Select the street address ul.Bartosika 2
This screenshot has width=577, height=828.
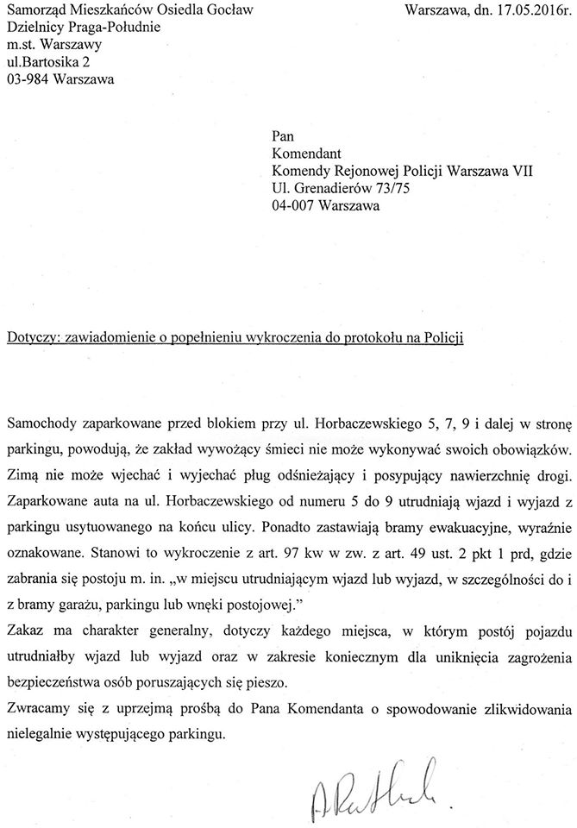[52, 62]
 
